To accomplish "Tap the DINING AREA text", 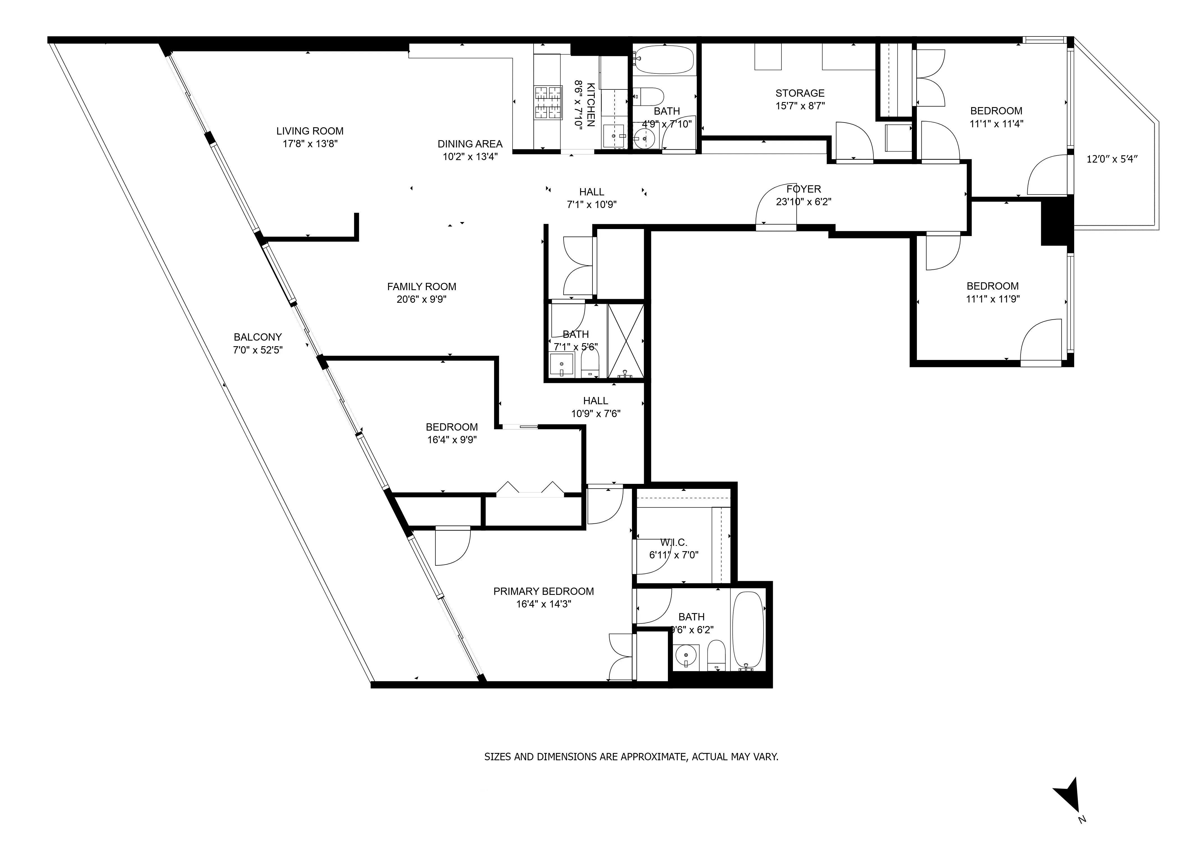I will tap(470, 144).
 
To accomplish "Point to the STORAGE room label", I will tap(800, 93).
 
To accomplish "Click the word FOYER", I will tap(803, 189).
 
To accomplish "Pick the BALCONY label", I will tap(257, 337).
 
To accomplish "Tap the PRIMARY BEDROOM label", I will tap(543, 592).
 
